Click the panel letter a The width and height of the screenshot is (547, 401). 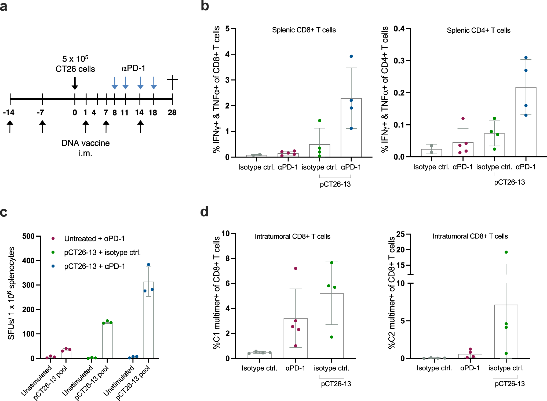(x=4, y=6)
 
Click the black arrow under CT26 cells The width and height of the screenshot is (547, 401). (x=75, y=84)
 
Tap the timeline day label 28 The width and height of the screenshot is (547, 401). (x=172, y=113)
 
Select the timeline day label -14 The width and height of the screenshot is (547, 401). (x=9, y=112)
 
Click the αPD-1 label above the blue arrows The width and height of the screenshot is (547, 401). (x=133, y=68)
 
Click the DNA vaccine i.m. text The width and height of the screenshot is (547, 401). (x=85, y=148)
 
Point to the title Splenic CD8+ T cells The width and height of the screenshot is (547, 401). (x=304, y=30)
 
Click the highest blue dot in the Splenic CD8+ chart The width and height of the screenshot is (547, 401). (x=351, y=56)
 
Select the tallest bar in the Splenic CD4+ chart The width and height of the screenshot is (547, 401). (x=526, y=122)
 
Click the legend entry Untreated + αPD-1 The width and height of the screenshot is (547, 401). (x=94, y=239)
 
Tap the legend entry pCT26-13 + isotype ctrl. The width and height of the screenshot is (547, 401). (x=102, y=252)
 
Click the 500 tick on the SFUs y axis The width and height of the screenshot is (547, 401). (x=28, y=236)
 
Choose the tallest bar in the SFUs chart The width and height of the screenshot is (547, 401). (x=148, y=320)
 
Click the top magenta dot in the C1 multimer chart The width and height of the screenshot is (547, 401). (x=296, y=268)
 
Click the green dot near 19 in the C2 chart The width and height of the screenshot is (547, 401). (x=506, y=252)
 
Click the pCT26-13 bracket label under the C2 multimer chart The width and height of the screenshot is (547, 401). (x=509, y=384)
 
